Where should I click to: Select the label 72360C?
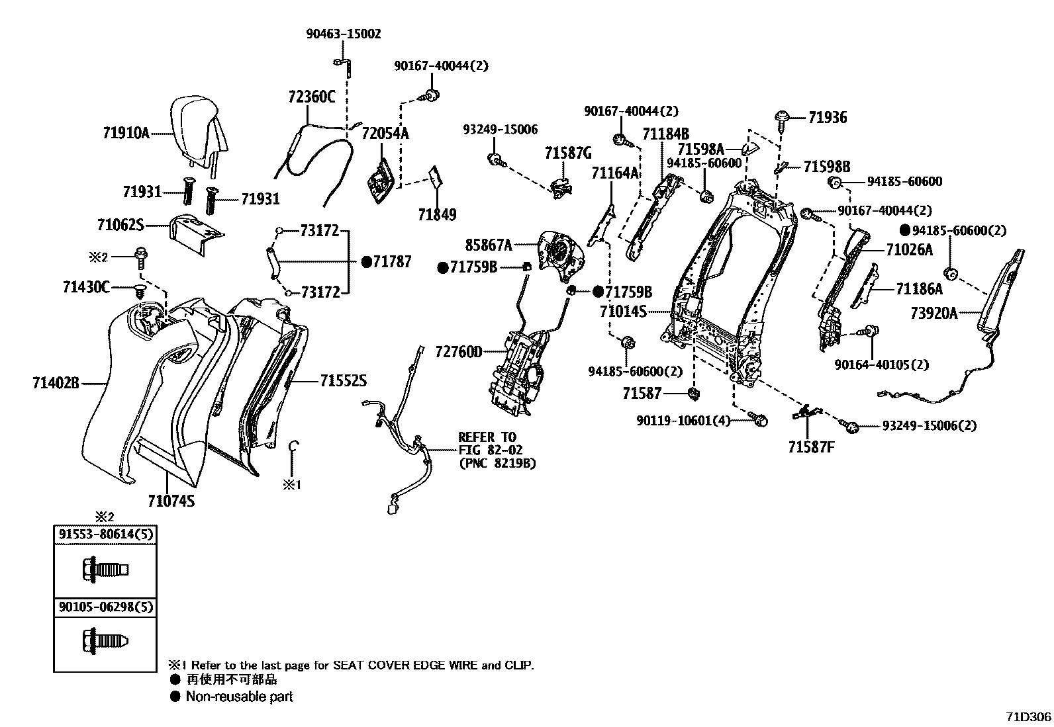point(311,97)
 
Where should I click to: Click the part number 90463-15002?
point(343,34)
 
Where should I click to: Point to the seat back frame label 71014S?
point(623,311)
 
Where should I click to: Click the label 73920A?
point(934,314)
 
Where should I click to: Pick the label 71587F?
point(811,447)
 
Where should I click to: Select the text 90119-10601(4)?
point(684,421)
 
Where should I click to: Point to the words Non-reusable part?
point(239,697)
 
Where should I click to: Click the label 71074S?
point(171,501)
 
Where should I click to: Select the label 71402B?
point(56,382)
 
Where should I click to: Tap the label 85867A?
point(489,245)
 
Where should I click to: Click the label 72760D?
point(458,351)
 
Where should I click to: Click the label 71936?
point(827,118)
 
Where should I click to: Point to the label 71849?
point(437,215)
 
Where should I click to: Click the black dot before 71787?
point(366,262)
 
